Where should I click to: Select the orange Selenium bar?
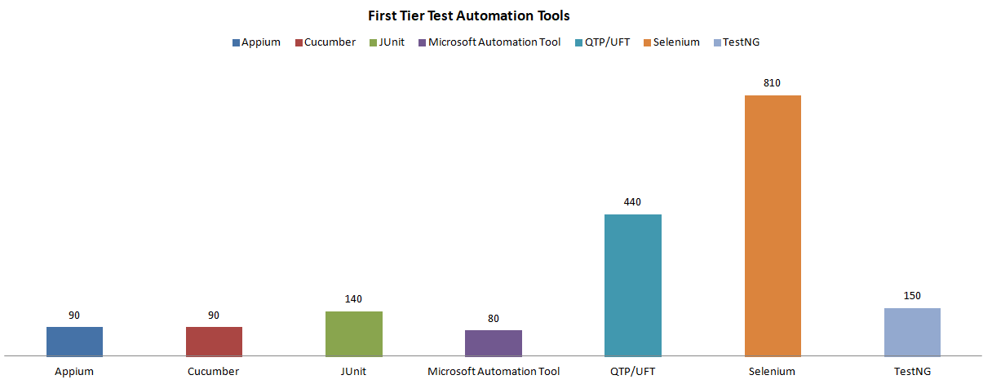coord(773,226)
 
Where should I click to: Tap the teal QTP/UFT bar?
coord(632,285)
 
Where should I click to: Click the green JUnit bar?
coord(353,333)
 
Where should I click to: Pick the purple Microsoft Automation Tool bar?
coord(493,342)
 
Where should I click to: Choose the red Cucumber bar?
coord(214,341)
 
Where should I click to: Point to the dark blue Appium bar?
coord(74,341)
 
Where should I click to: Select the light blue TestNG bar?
coord(912,332)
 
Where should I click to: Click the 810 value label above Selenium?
coord(773,83)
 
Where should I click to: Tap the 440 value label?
coord(632,201)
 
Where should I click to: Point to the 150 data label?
coord(912,295)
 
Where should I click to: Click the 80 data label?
coord(493,318)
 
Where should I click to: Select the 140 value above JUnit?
coord(353,298)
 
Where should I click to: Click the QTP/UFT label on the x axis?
coord(632,372)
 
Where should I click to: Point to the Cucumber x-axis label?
coord(214,372)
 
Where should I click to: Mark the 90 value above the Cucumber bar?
coord(214,315)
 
